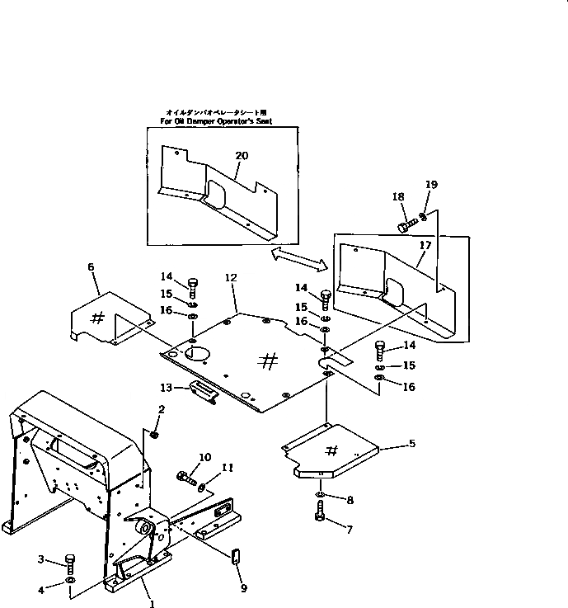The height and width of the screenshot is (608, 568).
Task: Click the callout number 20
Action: coord(241,155)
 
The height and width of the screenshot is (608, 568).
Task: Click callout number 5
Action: coord(411,444)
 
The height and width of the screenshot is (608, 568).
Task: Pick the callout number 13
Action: coord(165,387)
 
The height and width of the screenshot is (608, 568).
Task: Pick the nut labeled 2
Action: coord(154,434)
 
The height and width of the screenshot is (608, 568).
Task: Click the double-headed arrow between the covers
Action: coord(300,259)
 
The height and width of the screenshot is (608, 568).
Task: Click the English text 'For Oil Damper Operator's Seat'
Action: coord(216,121)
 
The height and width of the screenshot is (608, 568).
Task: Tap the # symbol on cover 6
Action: coord(96,316)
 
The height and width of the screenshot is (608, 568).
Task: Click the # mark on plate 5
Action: coord(331,450)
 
